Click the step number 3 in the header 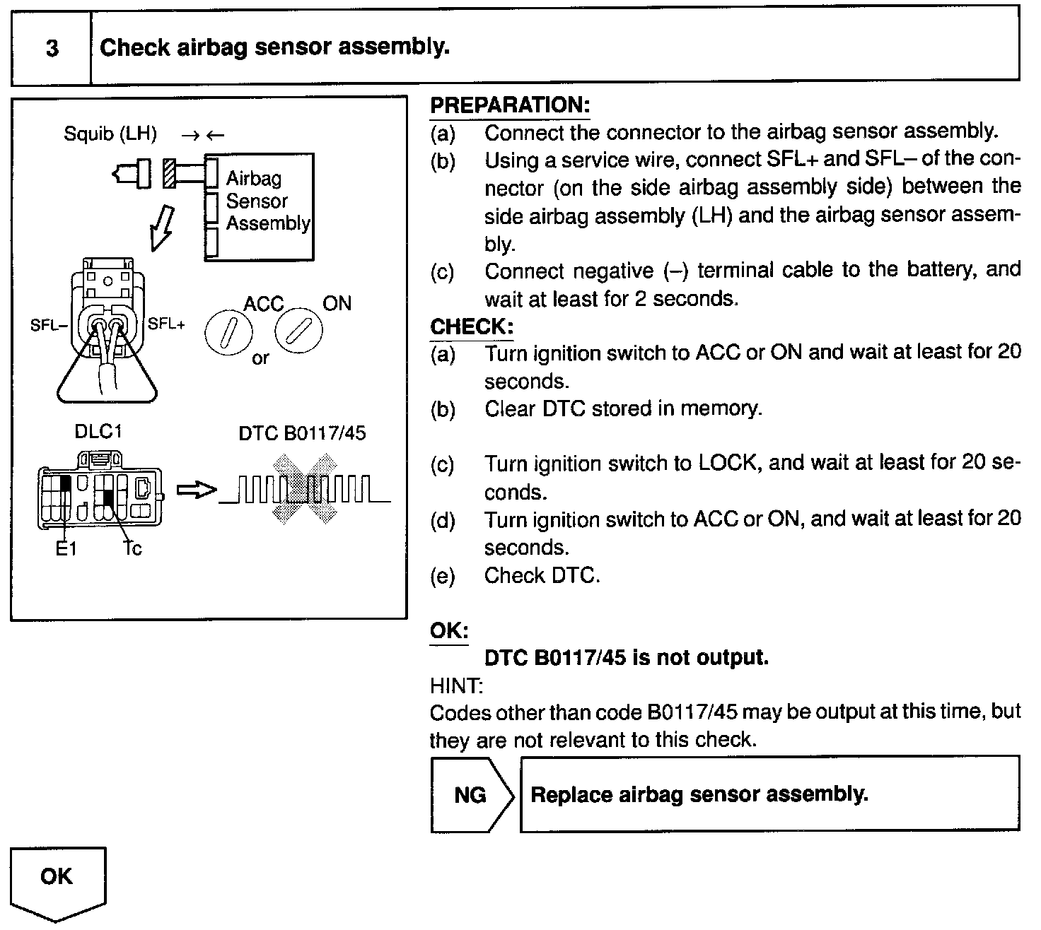pyautogui.click(x=52, y=49)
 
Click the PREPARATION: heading pyautogui.click(x=509, y=105)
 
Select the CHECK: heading pyautogui.click(x=471, y=327)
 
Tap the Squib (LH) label pyautogui.click(x=110, y=134)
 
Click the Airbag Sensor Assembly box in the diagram pyautogui.click(x=259, y=206)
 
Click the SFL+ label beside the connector pyautogui.click(x=166, y=324)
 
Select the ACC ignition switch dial pyautogui.click(x=227, y=333)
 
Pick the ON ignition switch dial pyautogui.click(x=298, y=331)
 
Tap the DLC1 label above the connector pyautogui.click(x=98, y=432)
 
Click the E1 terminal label pyautogui.click(x=65, y=548)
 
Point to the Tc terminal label pyautogui.click(x=132, y=548)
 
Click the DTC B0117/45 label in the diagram pyautogui.click(x=302, y=432)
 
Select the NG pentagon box pyautogui.click(x=470, y=795)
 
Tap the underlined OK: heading pyautogui.click(x=448, y=630)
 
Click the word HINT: pyautogui.click(x=456, y=685)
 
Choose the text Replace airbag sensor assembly pyautogui.click(x=699, y=794)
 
